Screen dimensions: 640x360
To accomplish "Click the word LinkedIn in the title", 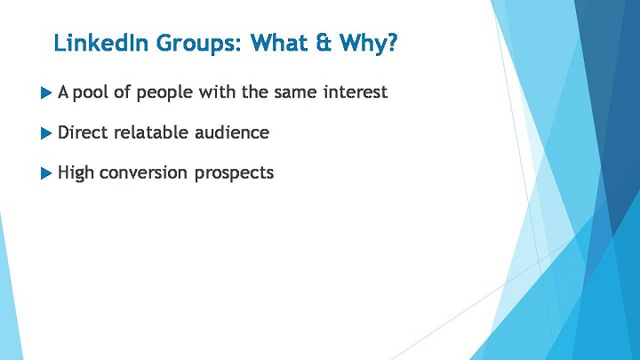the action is [100, 43].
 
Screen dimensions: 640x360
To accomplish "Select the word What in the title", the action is [279, 43].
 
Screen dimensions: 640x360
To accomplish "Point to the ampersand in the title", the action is [324, 43].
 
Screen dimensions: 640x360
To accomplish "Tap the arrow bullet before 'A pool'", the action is [46, 92].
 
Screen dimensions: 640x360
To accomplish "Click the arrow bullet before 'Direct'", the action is [46, 133].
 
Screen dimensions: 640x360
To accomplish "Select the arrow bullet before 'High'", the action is [46, 173].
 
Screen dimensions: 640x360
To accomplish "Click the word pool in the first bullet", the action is [90, 92].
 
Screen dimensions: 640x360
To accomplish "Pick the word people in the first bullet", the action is [164, 93].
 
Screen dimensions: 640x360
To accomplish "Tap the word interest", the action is [355, 92].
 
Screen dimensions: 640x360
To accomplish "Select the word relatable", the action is [150, 132].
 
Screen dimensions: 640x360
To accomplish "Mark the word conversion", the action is [143, 173].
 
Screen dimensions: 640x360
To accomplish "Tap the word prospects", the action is [234, 174].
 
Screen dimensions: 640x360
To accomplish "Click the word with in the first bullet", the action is [216, 92].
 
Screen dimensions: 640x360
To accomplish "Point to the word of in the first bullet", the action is [122, 92].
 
